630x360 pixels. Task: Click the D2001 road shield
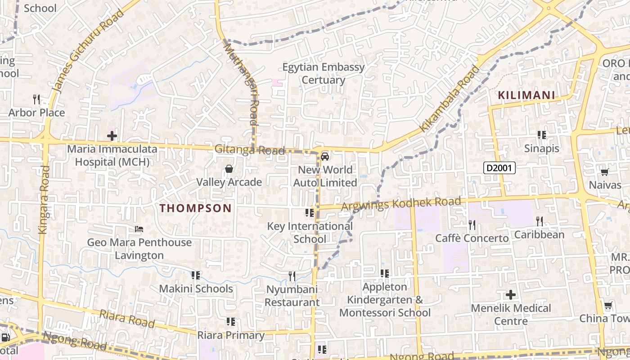coord(499,168)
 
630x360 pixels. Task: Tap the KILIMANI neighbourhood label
coord(526,95)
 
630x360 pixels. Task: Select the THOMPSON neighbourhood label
coord(196,208)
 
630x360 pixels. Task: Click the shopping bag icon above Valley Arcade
coord(229,169)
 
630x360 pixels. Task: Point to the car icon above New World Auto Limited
coord(325,157)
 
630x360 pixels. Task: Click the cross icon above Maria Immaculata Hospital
coord(112,135)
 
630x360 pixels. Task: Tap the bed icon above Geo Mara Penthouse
coord(139,229)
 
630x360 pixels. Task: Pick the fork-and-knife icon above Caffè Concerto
coord(472,225)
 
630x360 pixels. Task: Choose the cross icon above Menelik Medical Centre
coord(511,295)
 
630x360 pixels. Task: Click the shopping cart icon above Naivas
coord(605,172)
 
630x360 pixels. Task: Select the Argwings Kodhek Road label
coord(401,203)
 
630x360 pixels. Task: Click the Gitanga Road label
coord(250,149)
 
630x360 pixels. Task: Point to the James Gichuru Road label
coord(88,52)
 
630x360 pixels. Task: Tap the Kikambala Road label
coord(450,99)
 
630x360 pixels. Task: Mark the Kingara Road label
coord(44,200)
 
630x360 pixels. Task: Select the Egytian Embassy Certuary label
coord(324,73)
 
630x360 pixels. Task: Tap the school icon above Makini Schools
coord(196,274)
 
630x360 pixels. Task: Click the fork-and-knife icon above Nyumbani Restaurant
coord(292,276)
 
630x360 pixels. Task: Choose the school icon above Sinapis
coord(542,135)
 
